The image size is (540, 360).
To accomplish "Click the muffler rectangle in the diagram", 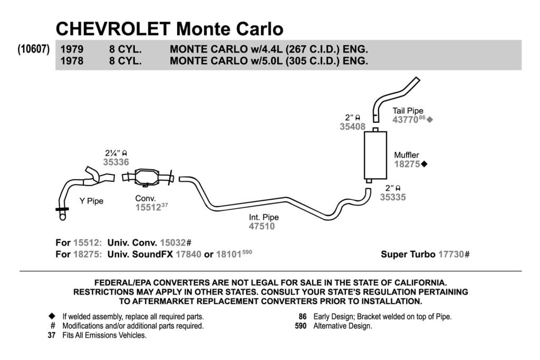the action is tap(375, 155).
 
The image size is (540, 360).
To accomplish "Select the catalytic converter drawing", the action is tap(148, 178).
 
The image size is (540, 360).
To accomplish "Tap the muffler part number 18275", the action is tap(407, 164).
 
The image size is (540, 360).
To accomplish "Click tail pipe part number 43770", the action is tap(406, 120).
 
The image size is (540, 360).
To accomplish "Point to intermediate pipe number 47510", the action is tap(262, 226).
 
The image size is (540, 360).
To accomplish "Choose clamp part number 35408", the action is tap(352, 127).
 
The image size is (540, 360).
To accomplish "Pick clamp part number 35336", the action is tap(116, 162).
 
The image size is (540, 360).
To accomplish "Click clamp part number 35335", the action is tap(393, 197).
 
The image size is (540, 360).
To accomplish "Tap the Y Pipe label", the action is tap(91, 201).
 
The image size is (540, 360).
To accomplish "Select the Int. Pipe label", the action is tap(264, 217).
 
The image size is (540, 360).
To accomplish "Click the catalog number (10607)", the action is tap(34, 49).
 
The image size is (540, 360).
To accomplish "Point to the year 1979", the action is tap(72, 49).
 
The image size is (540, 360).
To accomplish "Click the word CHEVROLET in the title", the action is tap(113, 28).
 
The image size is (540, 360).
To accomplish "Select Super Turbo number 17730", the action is tap(451, 255).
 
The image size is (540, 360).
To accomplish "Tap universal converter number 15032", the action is tap(173, 242).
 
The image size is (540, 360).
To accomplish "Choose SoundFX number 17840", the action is tap(188, 255).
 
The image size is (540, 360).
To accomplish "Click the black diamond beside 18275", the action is tap(425, 164).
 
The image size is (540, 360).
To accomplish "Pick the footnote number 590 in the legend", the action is tap(301, 326).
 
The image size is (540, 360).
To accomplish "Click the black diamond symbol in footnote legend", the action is tap(52, 316).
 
